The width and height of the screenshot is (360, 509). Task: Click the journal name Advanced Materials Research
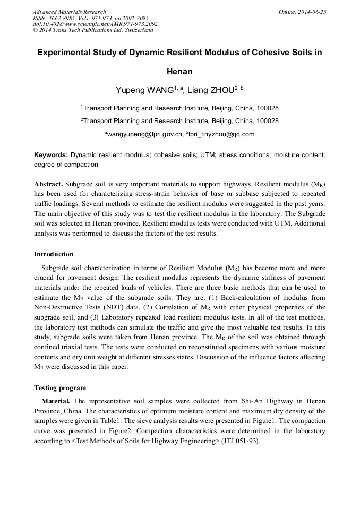(x=69, y=12)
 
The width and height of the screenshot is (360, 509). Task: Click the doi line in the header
(x=95, y=24)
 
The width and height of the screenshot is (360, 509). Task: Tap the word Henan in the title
(x=179, y=71)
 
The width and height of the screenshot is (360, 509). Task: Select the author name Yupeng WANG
(x=144, y=90)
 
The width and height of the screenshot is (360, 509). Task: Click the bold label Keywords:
(x=51, y=155)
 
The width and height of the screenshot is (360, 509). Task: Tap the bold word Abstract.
(x=48, y=183)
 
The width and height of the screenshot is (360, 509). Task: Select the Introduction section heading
(x=54, y=254)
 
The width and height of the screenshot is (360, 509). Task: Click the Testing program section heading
(x=60, y=387)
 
